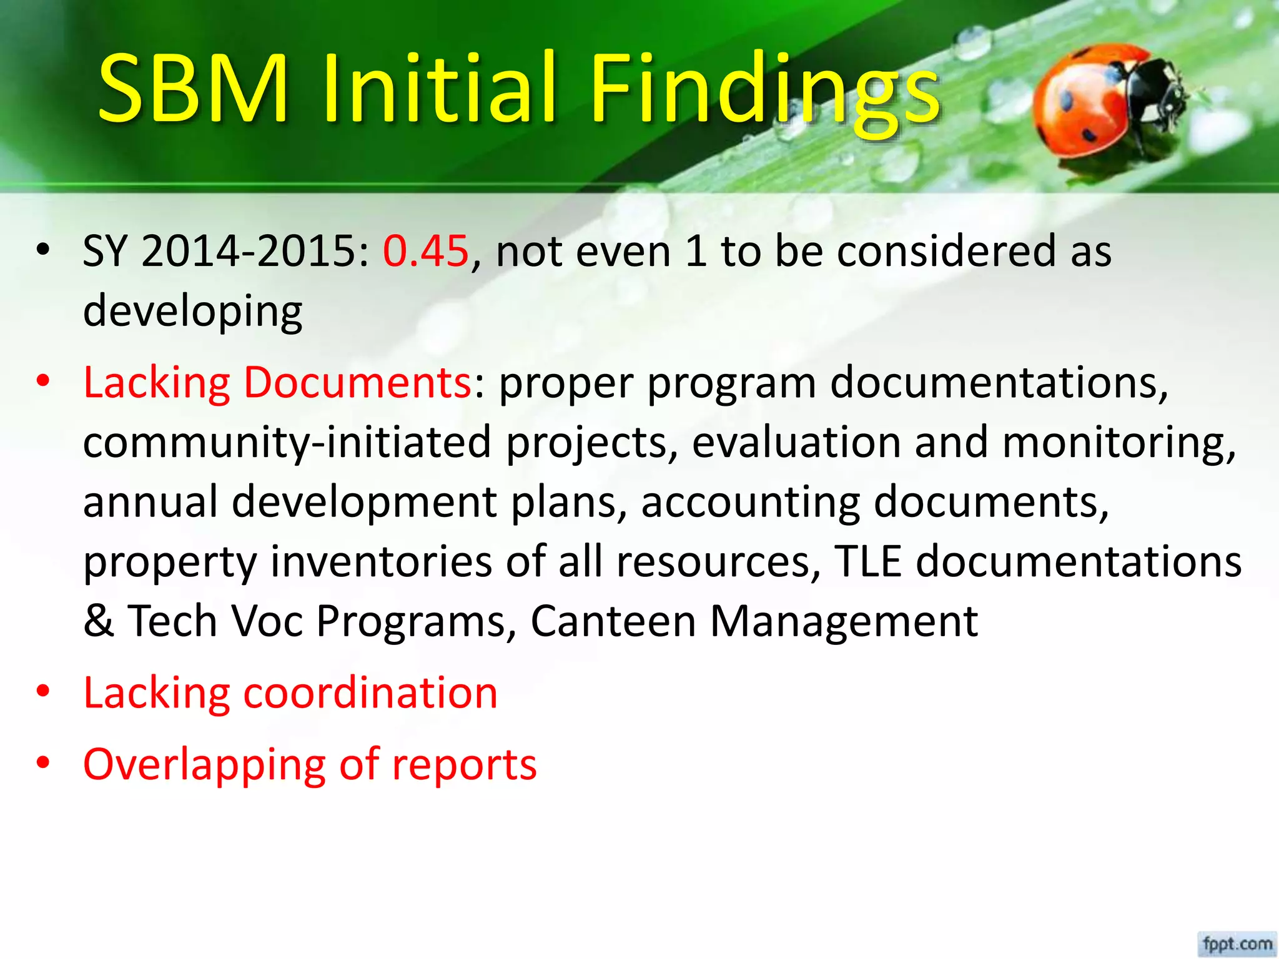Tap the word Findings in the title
click(x=765, y=91)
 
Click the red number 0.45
click(x=425, y=251)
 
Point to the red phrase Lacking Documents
click(x=277, y=382)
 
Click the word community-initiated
click(x=287, y=442)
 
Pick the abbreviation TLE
click(x=868, y=561)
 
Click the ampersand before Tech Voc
click(x=99, y=621)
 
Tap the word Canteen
click(x=613, y=621)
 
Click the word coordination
click(x=370, y=693)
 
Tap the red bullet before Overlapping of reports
click(x=42, y=763)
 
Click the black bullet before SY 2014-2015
click(x=42, y=250)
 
